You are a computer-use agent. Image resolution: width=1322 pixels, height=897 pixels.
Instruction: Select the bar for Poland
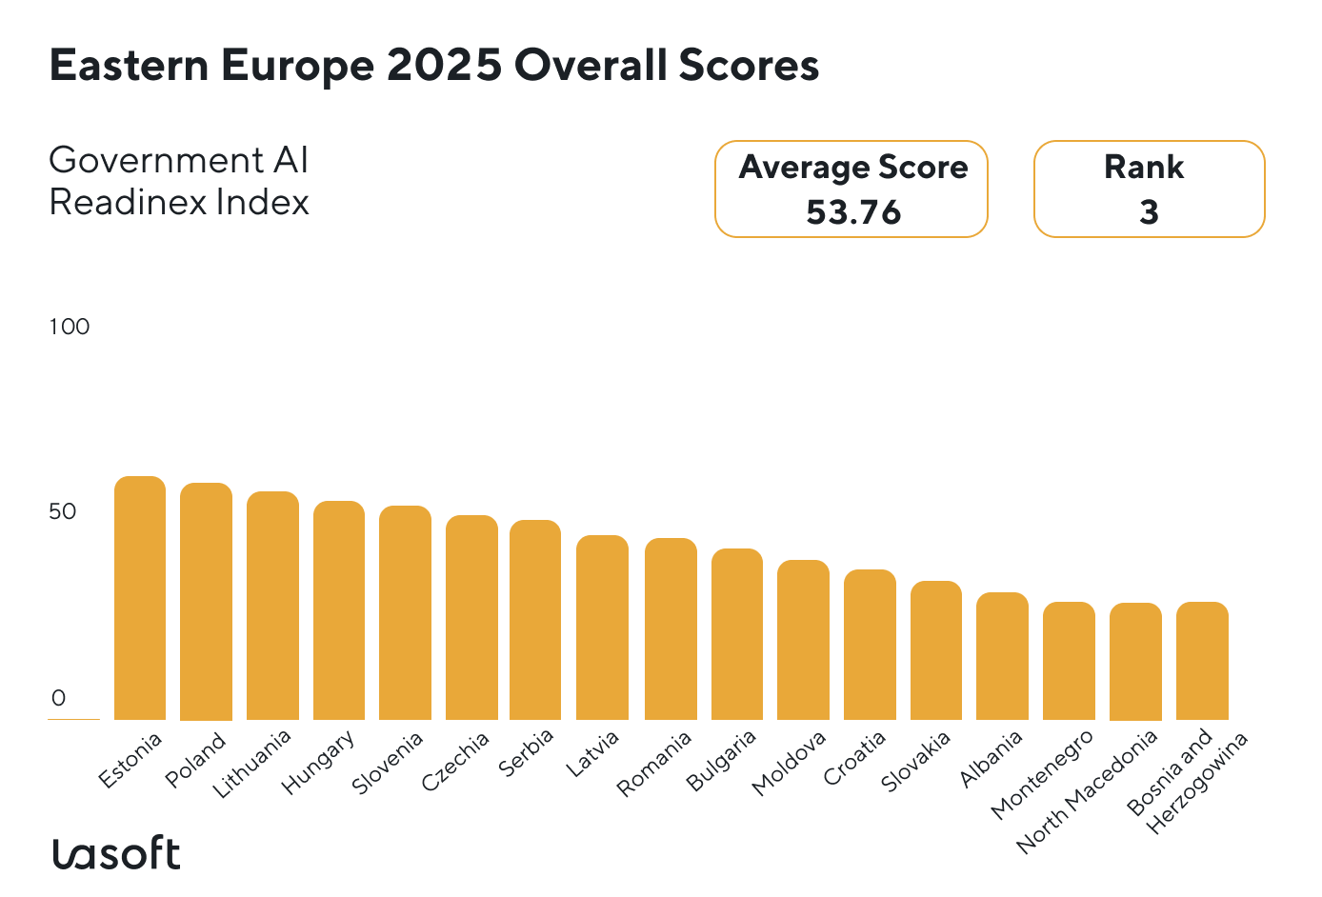click(206, 602)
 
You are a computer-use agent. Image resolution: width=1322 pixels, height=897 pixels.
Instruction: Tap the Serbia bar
click(535, 620)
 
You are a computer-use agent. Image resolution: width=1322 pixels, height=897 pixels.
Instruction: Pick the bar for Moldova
click(803, 640)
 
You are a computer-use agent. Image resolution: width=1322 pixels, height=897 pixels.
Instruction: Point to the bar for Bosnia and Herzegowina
click(1202, 661)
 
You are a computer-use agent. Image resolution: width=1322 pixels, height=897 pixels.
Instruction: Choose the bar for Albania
click(1002, 656)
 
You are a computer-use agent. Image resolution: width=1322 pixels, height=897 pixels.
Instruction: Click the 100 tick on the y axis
click(69, 327)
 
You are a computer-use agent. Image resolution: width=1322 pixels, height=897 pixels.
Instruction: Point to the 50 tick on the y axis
click(62, 512)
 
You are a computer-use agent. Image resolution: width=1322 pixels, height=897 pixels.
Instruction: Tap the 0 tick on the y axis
click(59, 698)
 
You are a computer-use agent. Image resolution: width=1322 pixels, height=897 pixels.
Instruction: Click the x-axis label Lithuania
click(252, 764)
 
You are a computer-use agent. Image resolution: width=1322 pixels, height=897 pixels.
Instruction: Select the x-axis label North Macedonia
click(1087, 791)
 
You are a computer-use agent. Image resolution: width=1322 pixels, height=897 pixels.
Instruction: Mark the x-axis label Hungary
click(319, 762)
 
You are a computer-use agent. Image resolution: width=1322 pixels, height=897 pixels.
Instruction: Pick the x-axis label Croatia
click(854, 758)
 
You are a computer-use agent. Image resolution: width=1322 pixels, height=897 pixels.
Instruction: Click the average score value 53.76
click(852, 212)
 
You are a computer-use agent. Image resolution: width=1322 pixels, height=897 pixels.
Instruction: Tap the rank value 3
click(1149, 212)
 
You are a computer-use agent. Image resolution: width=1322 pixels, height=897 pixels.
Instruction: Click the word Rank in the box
click(1143, 168)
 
